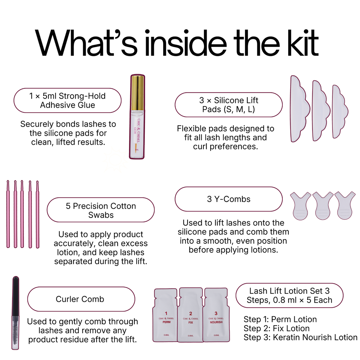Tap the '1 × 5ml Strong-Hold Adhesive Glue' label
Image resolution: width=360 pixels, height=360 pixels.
point(67,100)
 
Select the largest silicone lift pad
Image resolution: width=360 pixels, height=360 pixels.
point(299,109)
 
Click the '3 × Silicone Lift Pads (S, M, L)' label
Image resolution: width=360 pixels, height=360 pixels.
point(229,105)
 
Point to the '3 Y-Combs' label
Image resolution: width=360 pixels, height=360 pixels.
point(229,199)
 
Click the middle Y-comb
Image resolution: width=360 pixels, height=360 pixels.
point(323,205)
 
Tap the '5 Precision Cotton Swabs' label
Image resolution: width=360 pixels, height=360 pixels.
point(101,210)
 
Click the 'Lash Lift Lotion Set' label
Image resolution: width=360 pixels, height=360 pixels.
point(289,295)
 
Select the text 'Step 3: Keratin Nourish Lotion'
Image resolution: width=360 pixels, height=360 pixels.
point(300,337)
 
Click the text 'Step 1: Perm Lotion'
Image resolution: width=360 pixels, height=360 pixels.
point(280,319)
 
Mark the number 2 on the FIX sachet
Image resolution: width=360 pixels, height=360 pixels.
point(190,313)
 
